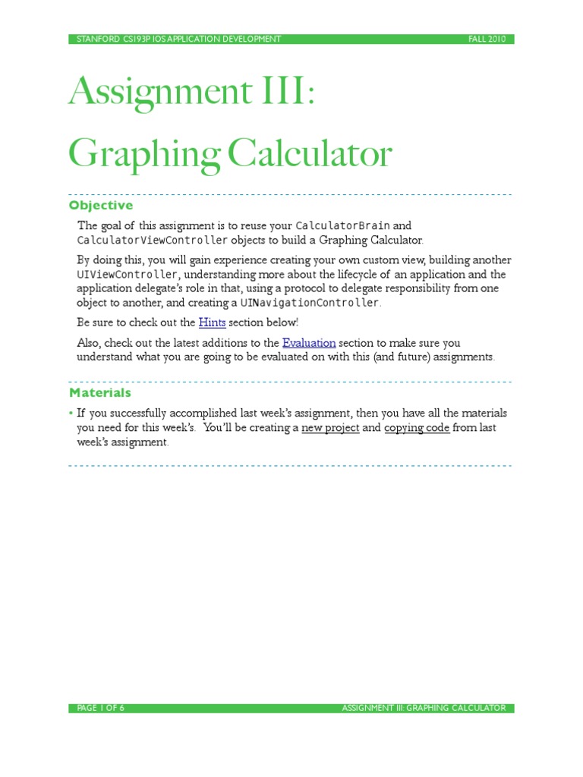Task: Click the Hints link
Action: point(212,322)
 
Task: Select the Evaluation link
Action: point(309,343)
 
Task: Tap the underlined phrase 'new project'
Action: point(330,428)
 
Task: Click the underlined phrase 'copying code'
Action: point(417,428)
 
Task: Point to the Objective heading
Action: point(101,206)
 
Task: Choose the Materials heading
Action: point(100,393)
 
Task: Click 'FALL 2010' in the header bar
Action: point(487,39)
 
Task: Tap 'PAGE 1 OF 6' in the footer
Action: point(101,709)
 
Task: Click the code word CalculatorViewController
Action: point(153,241)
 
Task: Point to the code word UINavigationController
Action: point(309,303)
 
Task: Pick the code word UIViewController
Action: point(127,275)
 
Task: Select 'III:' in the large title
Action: point(284,93)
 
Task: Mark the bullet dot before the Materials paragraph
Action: point(71,414)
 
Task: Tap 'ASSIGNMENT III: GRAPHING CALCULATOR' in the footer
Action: point(423,709)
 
